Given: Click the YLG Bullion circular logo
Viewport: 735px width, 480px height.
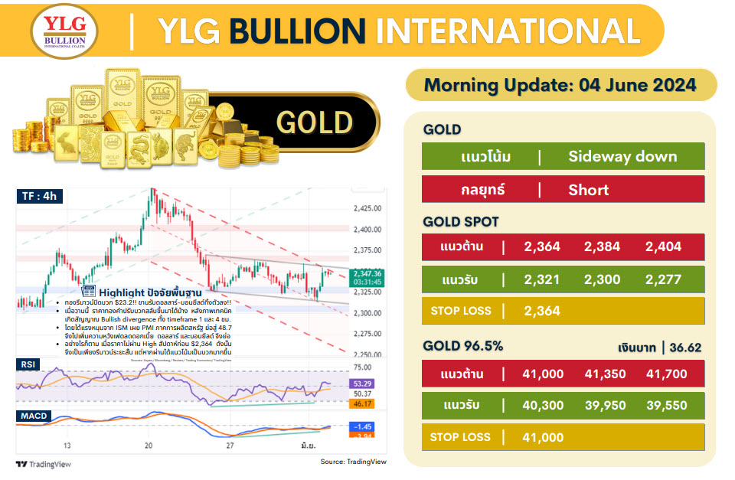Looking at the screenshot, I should pyautogui.click(x=64, y=31).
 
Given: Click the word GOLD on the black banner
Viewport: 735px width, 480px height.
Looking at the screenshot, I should pyautogui.click(x=314, y=122).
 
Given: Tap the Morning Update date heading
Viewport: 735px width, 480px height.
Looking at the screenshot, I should pyautogui.click(x=560, y=85).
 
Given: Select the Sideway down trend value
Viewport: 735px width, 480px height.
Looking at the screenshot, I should pyautogui.click(x=622, y=157).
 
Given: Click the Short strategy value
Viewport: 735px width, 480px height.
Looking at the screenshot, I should pyautogui.click(x=588, y=189).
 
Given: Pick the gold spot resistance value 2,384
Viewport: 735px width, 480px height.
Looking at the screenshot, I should pyautogui.click(x=602, y=247).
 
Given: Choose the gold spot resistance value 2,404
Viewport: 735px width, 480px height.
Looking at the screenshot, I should pyautogui.click(x=663, y=247).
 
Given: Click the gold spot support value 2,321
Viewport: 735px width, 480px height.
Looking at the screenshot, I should pyautogui.click(x=542, y=279).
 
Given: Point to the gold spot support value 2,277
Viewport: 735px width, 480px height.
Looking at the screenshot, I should pyautogui.click(x=663, y=279).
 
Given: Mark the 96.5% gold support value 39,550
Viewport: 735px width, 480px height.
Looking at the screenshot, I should pyautogui.click(x=666, y=406).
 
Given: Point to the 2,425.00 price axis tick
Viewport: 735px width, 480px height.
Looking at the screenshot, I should pyautogui.click(x=368, y=208).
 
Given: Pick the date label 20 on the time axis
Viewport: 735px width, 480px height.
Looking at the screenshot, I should pyautogui.click(x=149, y=445).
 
